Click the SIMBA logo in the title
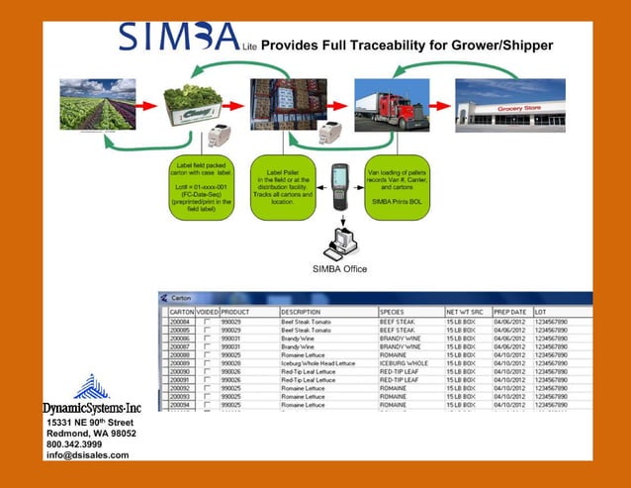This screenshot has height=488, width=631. (x=178, y=37)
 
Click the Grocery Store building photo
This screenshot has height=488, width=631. (x=509, y=105)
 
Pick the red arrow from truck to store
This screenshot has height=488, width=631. (x=440, y=103)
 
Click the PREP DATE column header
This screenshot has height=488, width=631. (x=510, y=311)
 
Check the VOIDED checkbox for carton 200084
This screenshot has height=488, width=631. (x=207, y=321)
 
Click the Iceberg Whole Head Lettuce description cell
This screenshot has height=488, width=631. (x=317, y=363)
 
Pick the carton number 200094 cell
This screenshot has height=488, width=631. (x=181, y=405)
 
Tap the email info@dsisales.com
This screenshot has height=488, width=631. (x=88, y=455)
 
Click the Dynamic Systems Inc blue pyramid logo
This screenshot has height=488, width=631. (x=91, y=387)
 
